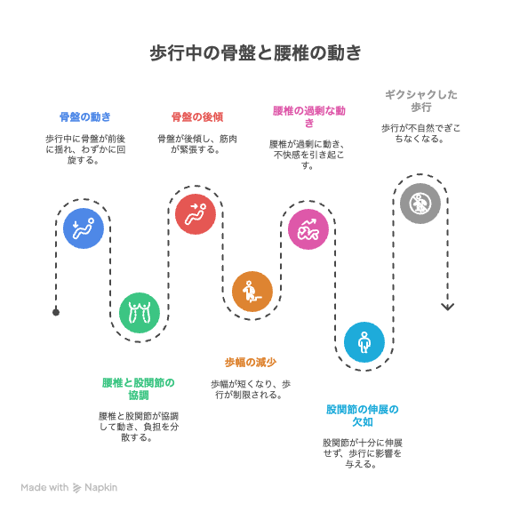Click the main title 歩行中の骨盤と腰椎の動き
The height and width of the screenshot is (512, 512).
click(256, 53)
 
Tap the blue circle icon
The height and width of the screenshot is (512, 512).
click(84, 228)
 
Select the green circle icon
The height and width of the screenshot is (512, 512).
click(140, 313)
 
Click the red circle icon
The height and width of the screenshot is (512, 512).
click(196, 214)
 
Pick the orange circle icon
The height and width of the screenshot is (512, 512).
click(252, 292)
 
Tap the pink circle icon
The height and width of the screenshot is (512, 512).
click(308, 229)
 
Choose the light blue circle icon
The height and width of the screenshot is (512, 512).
click(364, 342)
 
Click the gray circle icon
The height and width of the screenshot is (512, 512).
click(420, 203)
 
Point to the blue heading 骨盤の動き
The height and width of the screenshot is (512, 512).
click(85, 117)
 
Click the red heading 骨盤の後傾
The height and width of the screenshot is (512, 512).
click(197, 117)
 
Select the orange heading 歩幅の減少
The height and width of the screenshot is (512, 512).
click(251, 362)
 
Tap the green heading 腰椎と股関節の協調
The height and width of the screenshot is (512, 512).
click(139, 389)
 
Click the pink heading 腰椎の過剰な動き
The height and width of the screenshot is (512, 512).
click(309, 116)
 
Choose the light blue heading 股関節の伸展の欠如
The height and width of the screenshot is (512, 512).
click(363, 415)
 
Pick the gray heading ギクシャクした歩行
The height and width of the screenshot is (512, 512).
click(421, 100)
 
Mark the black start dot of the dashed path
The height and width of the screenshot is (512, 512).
click(56, 313)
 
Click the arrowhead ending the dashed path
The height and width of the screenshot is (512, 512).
click(447, 307)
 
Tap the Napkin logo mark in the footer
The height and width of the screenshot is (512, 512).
click(76, 487)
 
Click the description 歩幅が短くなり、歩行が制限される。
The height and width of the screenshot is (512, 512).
click(251, 389)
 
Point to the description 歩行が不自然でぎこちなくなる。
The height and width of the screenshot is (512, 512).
click(421, 133)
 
